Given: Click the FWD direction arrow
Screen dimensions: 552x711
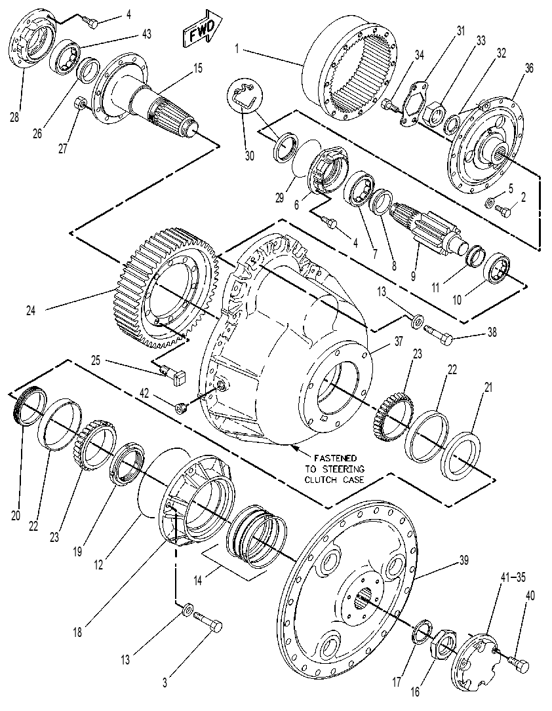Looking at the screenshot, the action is click(x=203, y=29).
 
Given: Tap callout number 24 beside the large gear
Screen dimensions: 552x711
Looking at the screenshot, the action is click(x=31, y=311).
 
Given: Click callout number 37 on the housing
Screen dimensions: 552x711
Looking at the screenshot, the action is click(x=398, y=341).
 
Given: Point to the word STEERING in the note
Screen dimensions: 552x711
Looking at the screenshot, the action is click(x=335, y=469).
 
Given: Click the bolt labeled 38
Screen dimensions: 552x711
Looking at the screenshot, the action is click(x=439, y=334).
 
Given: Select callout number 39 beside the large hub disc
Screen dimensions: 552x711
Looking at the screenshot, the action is click(x=463, y=561).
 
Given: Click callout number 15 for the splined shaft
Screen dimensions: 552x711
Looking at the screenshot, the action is click(x=198, y=68).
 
